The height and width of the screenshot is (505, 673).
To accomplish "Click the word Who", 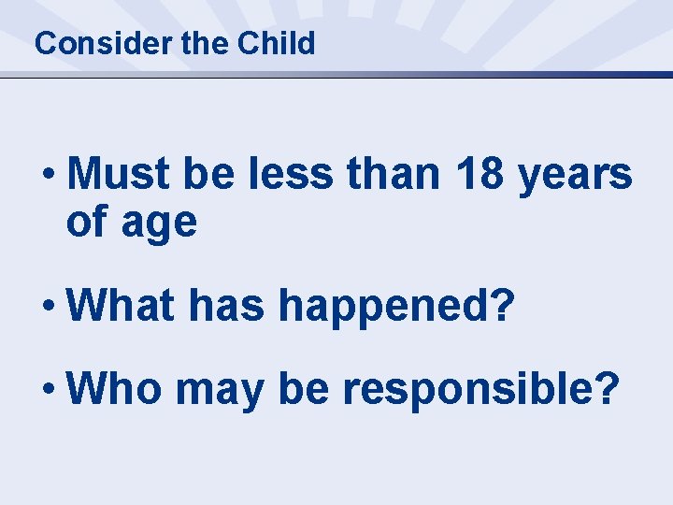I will click(115, 387).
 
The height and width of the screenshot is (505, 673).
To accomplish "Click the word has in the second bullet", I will click(222, 305).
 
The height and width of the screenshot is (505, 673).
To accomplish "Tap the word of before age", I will click(86, 223).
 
